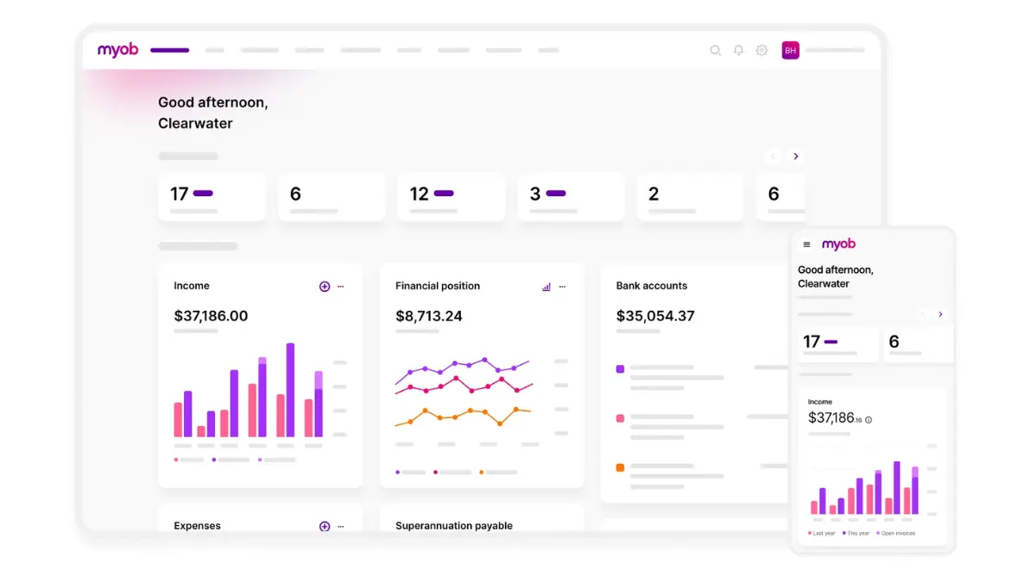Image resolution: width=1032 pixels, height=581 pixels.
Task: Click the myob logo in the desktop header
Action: (118, 50)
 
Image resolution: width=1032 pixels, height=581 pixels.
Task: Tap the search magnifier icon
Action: (716, 51)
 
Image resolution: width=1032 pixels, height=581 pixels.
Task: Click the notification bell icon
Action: (739, 51)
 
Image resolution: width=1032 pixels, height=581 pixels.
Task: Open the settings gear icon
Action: (762, 51)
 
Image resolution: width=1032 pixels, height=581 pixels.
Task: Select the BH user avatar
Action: (790, 51)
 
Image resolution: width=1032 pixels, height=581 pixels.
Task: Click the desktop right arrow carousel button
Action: (795, 157)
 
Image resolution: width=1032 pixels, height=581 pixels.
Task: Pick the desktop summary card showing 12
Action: (451, 197)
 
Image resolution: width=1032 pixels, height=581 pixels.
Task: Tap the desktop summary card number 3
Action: (570, 197)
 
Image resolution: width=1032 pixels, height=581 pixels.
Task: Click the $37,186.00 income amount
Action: (211, 316)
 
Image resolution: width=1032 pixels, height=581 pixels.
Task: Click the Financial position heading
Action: (438, 286)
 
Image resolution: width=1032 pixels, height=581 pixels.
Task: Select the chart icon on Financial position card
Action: (546, 287)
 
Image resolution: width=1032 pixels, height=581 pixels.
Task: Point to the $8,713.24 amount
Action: (429, 316)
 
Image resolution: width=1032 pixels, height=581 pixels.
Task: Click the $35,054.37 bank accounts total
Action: (655, 316)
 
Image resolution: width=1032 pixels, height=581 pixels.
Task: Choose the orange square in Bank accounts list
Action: (620, 467)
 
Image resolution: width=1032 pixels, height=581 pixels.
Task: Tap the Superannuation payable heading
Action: (454, 526)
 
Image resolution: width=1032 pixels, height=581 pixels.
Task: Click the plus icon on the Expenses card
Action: (324, 526)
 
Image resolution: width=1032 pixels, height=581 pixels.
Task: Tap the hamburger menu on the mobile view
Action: (807, 244)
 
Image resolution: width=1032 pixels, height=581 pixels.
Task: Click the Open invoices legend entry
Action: (896, 534)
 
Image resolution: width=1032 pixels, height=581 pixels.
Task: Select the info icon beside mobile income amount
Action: (869, 420)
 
